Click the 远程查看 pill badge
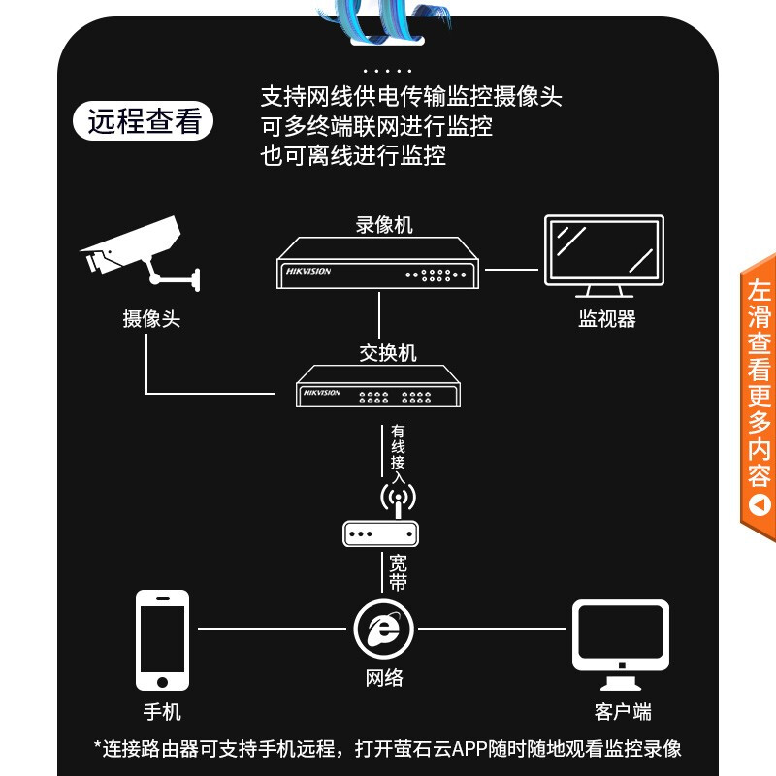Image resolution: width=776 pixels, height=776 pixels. tap(143, 121)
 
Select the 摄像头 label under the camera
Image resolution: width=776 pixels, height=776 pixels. tap(151, 319)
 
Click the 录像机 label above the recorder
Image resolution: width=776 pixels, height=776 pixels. tap(384, 225)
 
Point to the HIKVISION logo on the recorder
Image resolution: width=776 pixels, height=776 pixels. tap(308, 272)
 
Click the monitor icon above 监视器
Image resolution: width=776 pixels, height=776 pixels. tap(604, 256)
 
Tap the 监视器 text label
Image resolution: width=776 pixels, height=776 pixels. tap(607, 319)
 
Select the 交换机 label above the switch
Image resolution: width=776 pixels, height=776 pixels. tap(387, 353)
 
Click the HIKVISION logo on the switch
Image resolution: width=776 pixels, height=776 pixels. tap(322, 393)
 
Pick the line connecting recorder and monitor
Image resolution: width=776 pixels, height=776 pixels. tap(512, 270)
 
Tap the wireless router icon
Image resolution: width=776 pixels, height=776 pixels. tap(380, 517)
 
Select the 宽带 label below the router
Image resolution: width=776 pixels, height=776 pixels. tap(398, 572)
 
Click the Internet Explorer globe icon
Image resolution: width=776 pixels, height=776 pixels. tap(384, 629)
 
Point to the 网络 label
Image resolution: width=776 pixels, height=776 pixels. tap(384, 677)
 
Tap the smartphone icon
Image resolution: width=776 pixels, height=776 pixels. tap(162, 640)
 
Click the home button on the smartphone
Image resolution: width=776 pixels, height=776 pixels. tap(162, 682)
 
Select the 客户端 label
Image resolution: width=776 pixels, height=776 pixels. tap(623, 712)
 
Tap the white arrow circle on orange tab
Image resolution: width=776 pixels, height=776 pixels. tap(760, 505)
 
